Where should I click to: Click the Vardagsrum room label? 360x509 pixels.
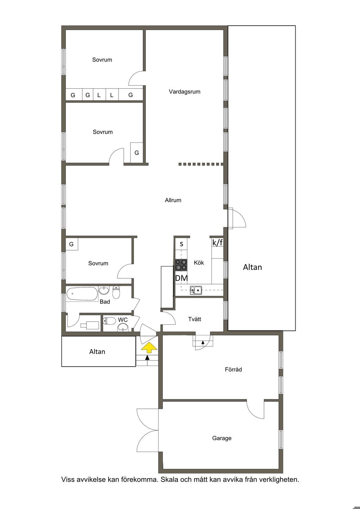[x=184, y=92]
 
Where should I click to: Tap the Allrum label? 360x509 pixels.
[x=173, y=200]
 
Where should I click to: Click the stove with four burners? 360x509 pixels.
[x=181, y=265]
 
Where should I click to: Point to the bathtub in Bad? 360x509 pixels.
[x=82, y=294]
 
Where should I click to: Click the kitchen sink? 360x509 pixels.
[x=196, y=290]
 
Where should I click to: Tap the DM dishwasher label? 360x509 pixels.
[x=181, y=278]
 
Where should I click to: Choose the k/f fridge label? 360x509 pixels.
[x=218, y=243]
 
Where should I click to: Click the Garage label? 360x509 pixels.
[x=222, y=438]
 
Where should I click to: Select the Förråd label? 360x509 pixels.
[x=233, y=369]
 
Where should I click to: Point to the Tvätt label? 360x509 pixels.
[x=194, y=319]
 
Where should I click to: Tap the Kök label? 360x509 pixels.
[x=199, y=263]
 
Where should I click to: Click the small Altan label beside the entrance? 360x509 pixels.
[x=97, y=352]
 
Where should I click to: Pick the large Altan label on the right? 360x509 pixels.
[x=252, y=267]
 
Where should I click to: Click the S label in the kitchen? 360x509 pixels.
[x=181, y=244]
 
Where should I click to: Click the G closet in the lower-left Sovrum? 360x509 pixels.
[x=71, y=244]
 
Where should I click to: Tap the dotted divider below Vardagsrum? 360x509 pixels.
[x=201, y=164]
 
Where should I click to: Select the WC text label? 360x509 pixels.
[x=123, y=320]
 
